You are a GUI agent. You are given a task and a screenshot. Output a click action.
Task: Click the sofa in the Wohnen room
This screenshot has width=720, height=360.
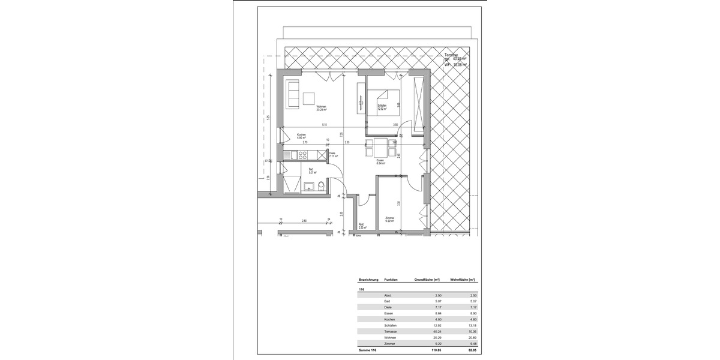pos(293,94)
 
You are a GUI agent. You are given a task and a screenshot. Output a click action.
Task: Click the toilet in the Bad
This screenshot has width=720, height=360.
pos(321,185)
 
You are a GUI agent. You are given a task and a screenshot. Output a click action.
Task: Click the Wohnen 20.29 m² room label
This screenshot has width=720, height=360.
pos(322,109)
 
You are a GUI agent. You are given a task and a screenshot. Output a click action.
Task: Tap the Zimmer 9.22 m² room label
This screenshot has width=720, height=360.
pos(389,220)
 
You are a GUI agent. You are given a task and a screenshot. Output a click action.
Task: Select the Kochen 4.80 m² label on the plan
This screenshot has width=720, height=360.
pos(301,136)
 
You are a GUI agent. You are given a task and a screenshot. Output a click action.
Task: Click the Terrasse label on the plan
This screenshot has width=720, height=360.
pos(452,55)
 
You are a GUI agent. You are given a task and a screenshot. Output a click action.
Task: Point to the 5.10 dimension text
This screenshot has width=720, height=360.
pos(324,124)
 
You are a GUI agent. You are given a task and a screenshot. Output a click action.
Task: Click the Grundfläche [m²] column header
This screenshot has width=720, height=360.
pos(427,280)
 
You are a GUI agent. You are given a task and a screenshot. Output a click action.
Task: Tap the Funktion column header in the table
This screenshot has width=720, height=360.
pos(391,280)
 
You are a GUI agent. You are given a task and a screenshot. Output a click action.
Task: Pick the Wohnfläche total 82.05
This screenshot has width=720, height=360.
pos(471,349)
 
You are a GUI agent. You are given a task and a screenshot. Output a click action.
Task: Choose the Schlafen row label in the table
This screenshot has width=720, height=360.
pos(390,325)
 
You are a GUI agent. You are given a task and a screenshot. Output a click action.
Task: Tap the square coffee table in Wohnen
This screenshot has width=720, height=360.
pos(309,98)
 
